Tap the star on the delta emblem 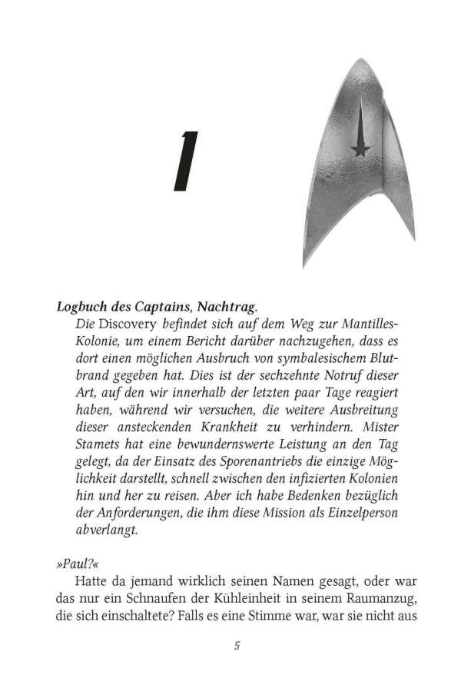(357, 149)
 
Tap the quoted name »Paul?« (73, 564)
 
